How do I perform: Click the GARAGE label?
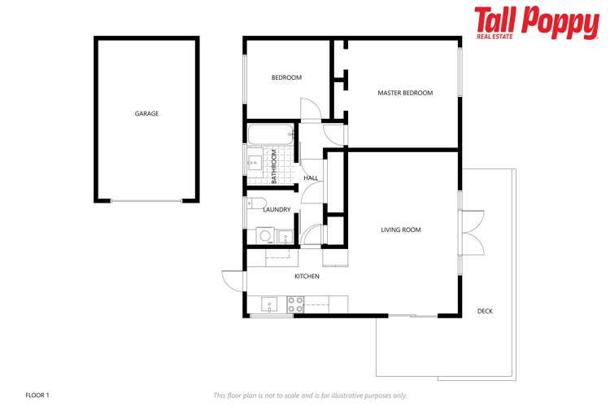(146, 114)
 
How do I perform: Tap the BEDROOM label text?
(286, 78)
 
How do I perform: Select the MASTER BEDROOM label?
(405, 93)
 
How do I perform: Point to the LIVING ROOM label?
(401, 230)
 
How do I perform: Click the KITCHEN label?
(307, 277)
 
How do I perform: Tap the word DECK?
(485, 312)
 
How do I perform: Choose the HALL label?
(311, 178)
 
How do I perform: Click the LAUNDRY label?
(277, 210)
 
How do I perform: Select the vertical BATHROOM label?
(274, 166)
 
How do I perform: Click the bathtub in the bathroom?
(269, 133)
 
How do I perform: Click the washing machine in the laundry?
(265, 236)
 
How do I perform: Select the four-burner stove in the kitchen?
(295, 305)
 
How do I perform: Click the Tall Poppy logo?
(536, 23)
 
